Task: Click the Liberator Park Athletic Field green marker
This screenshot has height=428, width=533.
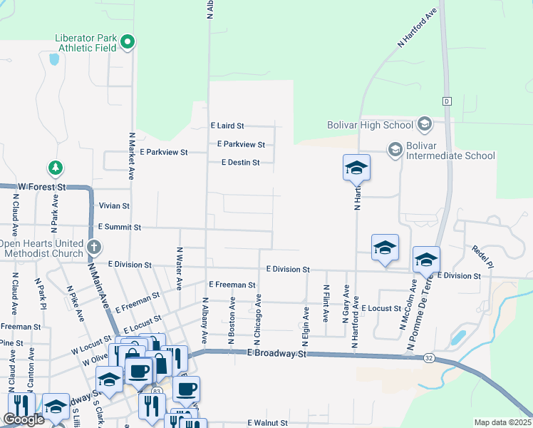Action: (128, 43)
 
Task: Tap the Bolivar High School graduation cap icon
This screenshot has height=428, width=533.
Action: (424, 125)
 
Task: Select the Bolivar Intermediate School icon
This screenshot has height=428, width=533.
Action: (395, 149)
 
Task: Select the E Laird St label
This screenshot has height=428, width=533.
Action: (227, 125)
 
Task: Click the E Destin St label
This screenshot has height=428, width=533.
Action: (240, 163)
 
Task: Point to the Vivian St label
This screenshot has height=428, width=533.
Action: (114, 205)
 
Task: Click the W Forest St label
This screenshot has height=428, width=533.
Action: (41, 186)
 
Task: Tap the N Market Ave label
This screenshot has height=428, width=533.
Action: (132, 155)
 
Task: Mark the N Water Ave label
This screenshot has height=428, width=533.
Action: (180, 270)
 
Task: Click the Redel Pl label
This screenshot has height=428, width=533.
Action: (482, 256)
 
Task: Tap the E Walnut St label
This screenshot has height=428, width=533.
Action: (267, 422)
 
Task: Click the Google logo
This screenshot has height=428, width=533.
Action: (24, 419)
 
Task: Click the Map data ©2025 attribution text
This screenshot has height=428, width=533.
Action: (502, 422)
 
